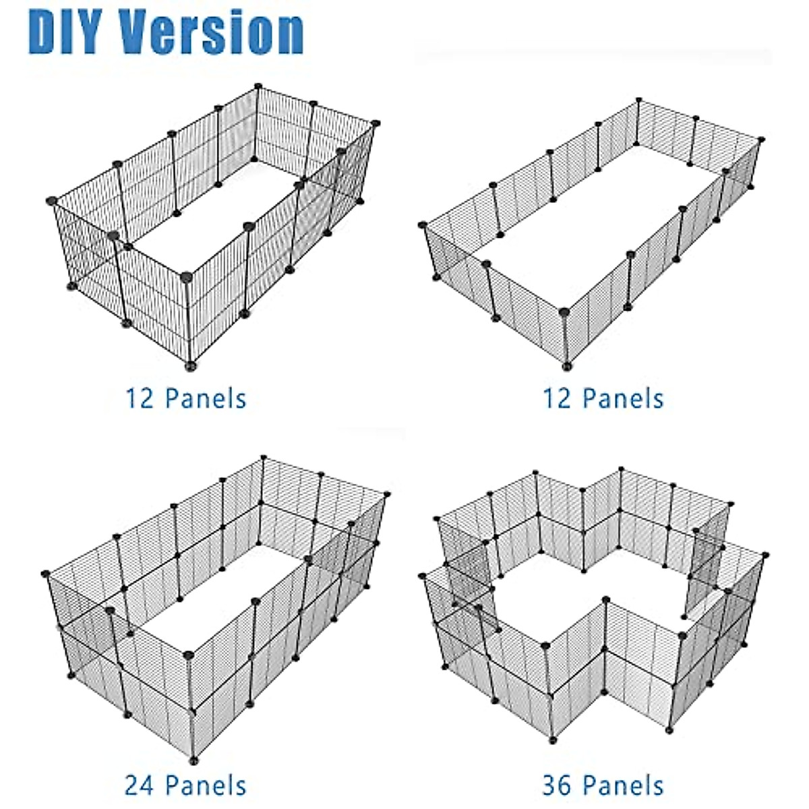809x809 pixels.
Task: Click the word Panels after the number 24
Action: [x=206, y=786]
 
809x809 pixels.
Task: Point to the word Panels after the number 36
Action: [x=624, y=786]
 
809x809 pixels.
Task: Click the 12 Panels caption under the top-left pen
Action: [x=185, y=398]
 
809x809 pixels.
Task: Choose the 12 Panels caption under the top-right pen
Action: [x=603, y=398]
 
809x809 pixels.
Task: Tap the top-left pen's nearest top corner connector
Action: [x=187, y=275]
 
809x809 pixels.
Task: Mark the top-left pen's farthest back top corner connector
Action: [x=258, y=86]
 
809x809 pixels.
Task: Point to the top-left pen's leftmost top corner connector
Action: [x=52, y=200]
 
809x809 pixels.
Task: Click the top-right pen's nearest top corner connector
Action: [x=564, y=312]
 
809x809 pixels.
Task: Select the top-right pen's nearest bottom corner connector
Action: [x=566, y=367]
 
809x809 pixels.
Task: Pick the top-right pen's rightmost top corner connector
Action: [x=761, y=140]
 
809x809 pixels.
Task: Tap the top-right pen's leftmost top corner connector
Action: [x=423, y=225]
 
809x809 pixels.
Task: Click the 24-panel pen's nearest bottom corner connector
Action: [x=194, y=762]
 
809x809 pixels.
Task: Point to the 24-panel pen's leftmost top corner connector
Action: [x=46, y=574]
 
